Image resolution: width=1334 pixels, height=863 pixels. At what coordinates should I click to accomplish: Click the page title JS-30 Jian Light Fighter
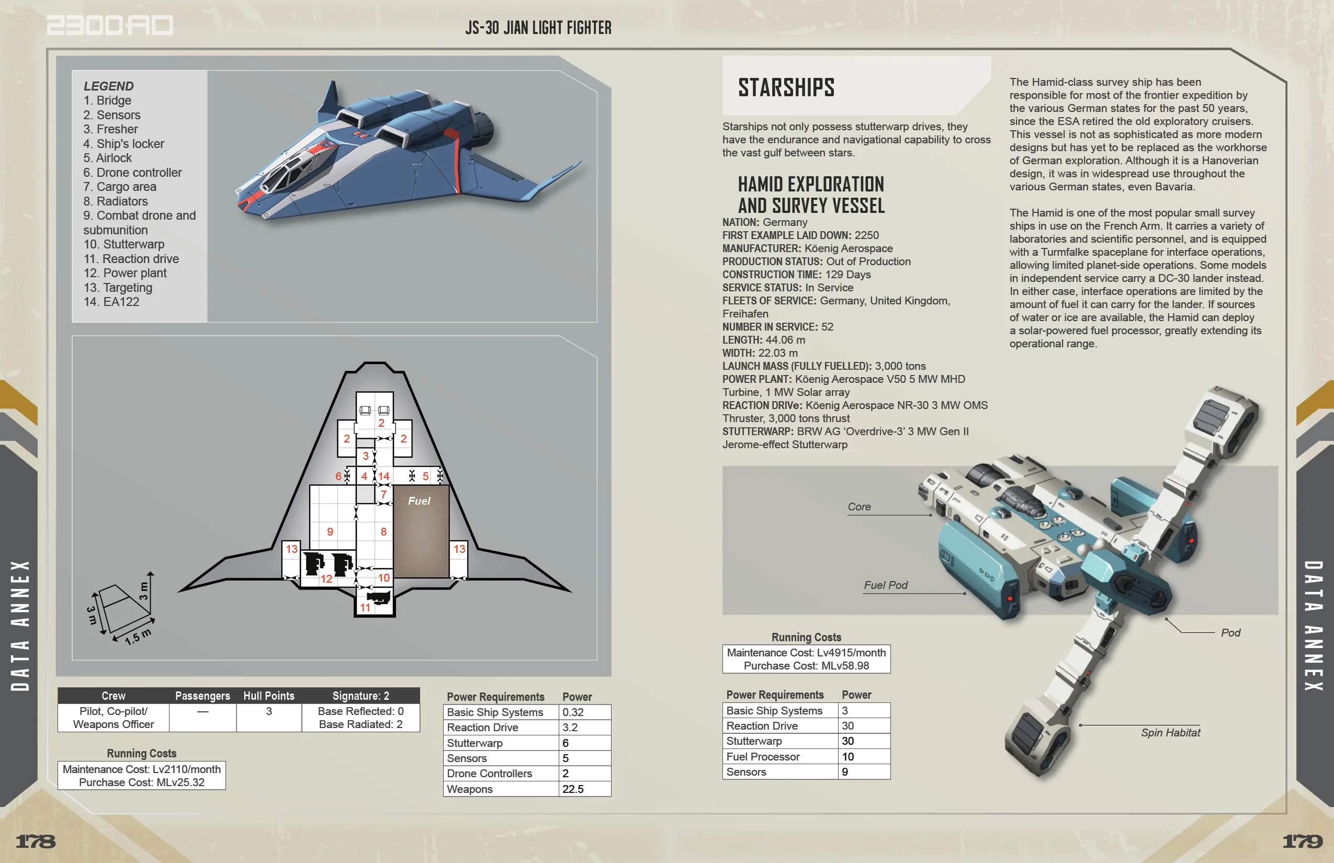(x=538, y=27)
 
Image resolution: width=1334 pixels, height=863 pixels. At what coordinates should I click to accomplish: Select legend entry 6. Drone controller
(x=133, y=173)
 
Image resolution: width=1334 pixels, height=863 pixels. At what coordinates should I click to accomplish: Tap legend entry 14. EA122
(x=111, y=302)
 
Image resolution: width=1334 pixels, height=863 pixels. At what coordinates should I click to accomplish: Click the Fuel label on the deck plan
(x=419, y=501)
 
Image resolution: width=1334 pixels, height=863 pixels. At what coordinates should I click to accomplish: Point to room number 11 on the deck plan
(x=366, y=607)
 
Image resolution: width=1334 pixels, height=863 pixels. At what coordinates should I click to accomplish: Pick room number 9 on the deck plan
(x=330, y=532)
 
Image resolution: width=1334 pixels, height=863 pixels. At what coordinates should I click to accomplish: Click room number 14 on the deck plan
(x=383, y=476)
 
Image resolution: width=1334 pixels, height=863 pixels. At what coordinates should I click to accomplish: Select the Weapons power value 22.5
(x=573, y=789)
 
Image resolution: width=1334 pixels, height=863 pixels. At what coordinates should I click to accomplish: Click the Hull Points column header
(x=268, y=696)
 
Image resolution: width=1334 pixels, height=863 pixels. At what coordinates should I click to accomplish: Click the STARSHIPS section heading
(x=786, y=87)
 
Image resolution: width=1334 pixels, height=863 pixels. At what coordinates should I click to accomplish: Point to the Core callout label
(x=858, y=507)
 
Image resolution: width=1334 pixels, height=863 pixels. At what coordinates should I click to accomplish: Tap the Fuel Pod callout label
(x=886, y=586)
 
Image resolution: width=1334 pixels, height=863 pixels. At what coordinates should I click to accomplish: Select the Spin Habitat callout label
(x=1170, y=733)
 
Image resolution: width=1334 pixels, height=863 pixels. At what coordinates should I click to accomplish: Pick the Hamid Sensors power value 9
(x=845, y=772)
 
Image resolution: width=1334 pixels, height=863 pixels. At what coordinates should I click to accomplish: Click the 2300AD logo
(x=110, y=25)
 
